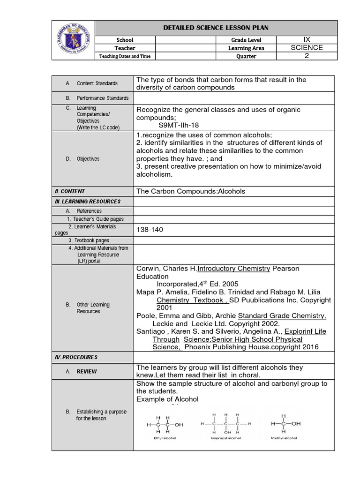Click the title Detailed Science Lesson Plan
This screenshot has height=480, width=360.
(x=216, y=28)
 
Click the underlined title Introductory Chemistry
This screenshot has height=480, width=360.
(x=233, y=269)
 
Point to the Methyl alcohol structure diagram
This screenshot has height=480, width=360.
(x=285, y=425)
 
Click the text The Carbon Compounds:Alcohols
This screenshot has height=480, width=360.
(x=191, y=191)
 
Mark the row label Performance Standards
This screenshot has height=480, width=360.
(x=103, y=98)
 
